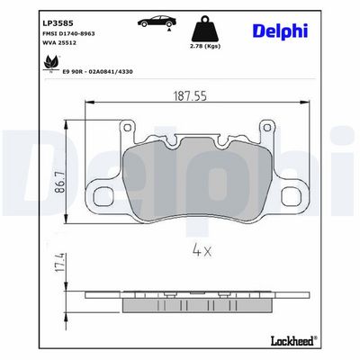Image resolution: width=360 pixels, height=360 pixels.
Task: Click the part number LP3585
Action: click(58, 23)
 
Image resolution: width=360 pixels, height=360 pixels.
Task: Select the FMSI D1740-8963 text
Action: click(69, 33)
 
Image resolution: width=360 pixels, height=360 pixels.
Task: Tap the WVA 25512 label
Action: click(59, 43)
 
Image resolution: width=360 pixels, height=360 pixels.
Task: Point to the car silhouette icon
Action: click(157, 21)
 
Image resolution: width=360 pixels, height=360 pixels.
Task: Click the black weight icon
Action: click(205, 29)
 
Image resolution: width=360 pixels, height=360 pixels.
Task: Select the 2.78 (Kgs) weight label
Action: click(206, 46)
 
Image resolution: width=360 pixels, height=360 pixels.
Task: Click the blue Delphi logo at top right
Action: click(281, 31)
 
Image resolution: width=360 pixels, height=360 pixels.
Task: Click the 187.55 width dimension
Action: click(190, 96)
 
